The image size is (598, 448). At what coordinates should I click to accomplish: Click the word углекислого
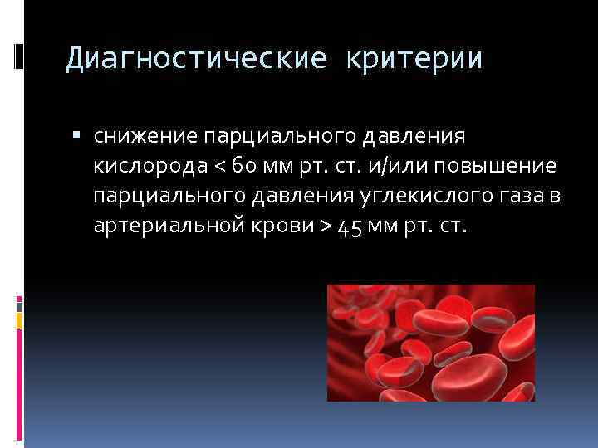point(394,197)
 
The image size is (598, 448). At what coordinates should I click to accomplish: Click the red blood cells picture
point(430,343)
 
